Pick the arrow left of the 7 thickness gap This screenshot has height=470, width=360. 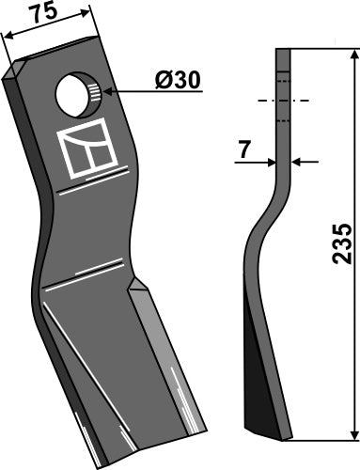click(269, 162)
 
